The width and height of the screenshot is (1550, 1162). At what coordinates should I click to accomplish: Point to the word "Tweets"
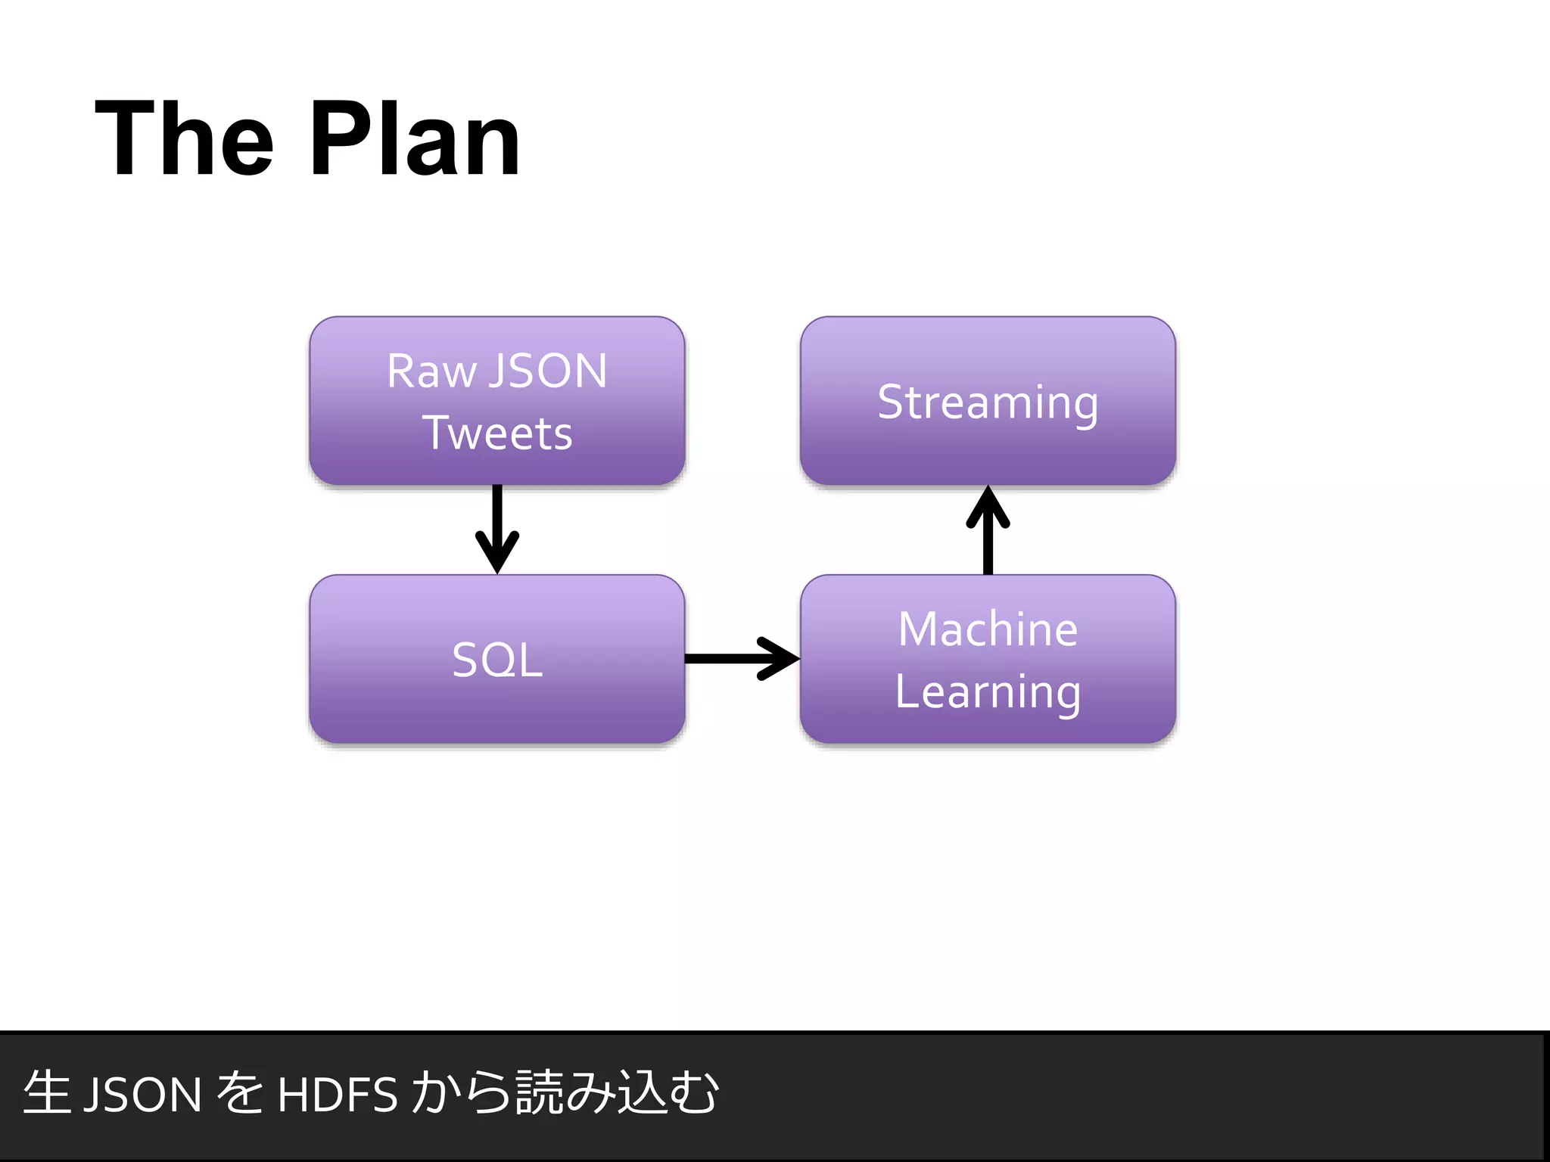497,433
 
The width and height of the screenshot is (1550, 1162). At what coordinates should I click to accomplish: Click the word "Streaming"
988,402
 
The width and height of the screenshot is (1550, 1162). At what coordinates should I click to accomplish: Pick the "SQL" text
497,660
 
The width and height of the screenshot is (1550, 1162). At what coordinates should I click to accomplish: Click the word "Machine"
988,629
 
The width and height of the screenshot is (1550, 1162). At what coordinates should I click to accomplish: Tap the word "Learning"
988,692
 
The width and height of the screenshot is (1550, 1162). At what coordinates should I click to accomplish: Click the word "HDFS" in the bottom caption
338,1095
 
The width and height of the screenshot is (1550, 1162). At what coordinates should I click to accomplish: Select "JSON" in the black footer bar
142,1095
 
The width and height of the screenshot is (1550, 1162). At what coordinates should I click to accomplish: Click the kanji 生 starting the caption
47,1093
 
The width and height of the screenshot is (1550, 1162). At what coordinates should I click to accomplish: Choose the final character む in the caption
693,1093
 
